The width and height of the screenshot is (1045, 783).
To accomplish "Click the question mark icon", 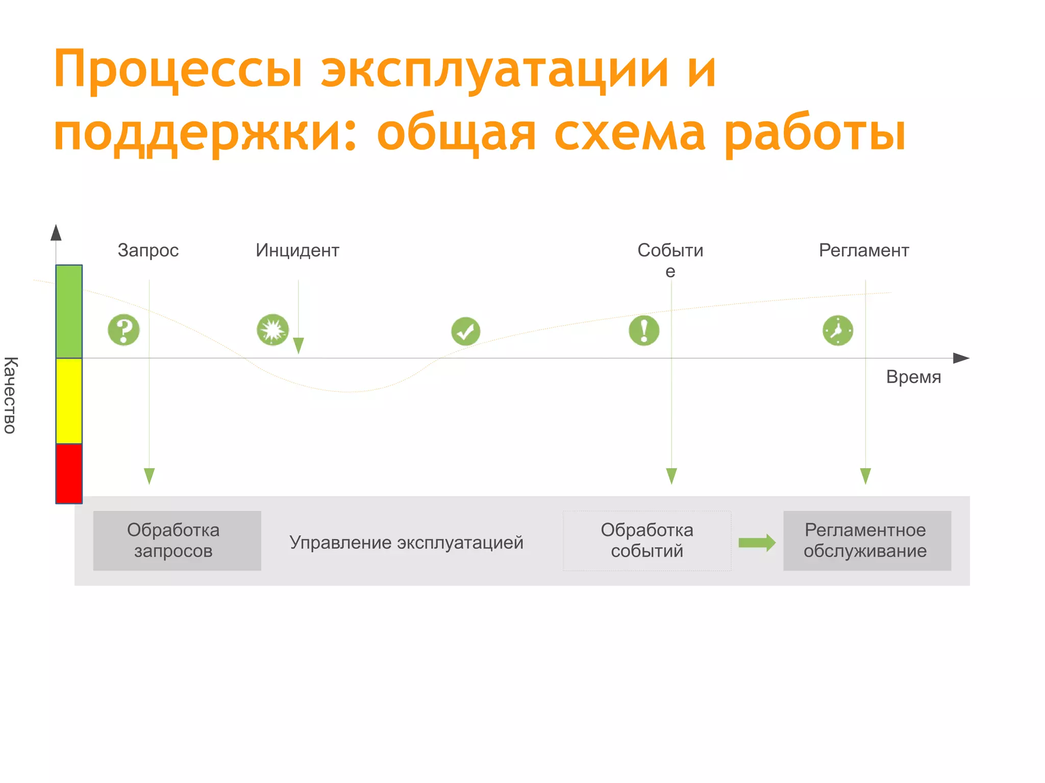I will (123, 330).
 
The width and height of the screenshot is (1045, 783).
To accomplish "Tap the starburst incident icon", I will (272, 330).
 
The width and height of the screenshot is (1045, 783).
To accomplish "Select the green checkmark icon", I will (465, 332).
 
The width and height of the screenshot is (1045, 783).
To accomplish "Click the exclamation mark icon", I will (644, 331).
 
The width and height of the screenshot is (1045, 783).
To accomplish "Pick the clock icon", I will (837, 331).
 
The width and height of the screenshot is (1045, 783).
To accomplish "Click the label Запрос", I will (148, 250).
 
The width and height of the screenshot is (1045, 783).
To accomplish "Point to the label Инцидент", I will (297, 250).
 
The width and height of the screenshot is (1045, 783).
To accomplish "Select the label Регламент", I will (864, 250).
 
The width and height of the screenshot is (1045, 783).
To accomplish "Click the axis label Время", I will (913, 377).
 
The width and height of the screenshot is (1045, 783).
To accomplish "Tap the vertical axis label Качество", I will (10, 395).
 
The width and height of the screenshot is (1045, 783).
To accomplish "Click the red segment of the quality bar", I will (69, 473).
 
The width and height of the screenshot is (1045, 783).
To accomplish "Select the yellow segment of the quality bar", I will (69, 401).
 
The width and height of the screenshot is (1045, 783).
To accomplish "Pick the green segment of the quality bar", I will (69, 312).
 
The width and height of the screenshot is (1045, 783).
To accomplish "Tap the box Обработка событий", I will (646, 541).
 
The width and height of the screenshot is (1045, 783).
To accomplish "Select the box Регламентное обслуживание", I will (867, 541).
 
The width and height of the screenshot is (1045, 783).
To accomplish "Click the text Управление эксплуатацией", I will (406, 543).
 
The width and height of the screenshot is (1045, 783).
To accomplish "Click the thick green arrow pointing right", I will (757, 543).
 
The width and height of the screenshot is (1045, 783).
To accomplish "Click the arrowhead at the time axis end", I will (961, 358).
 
